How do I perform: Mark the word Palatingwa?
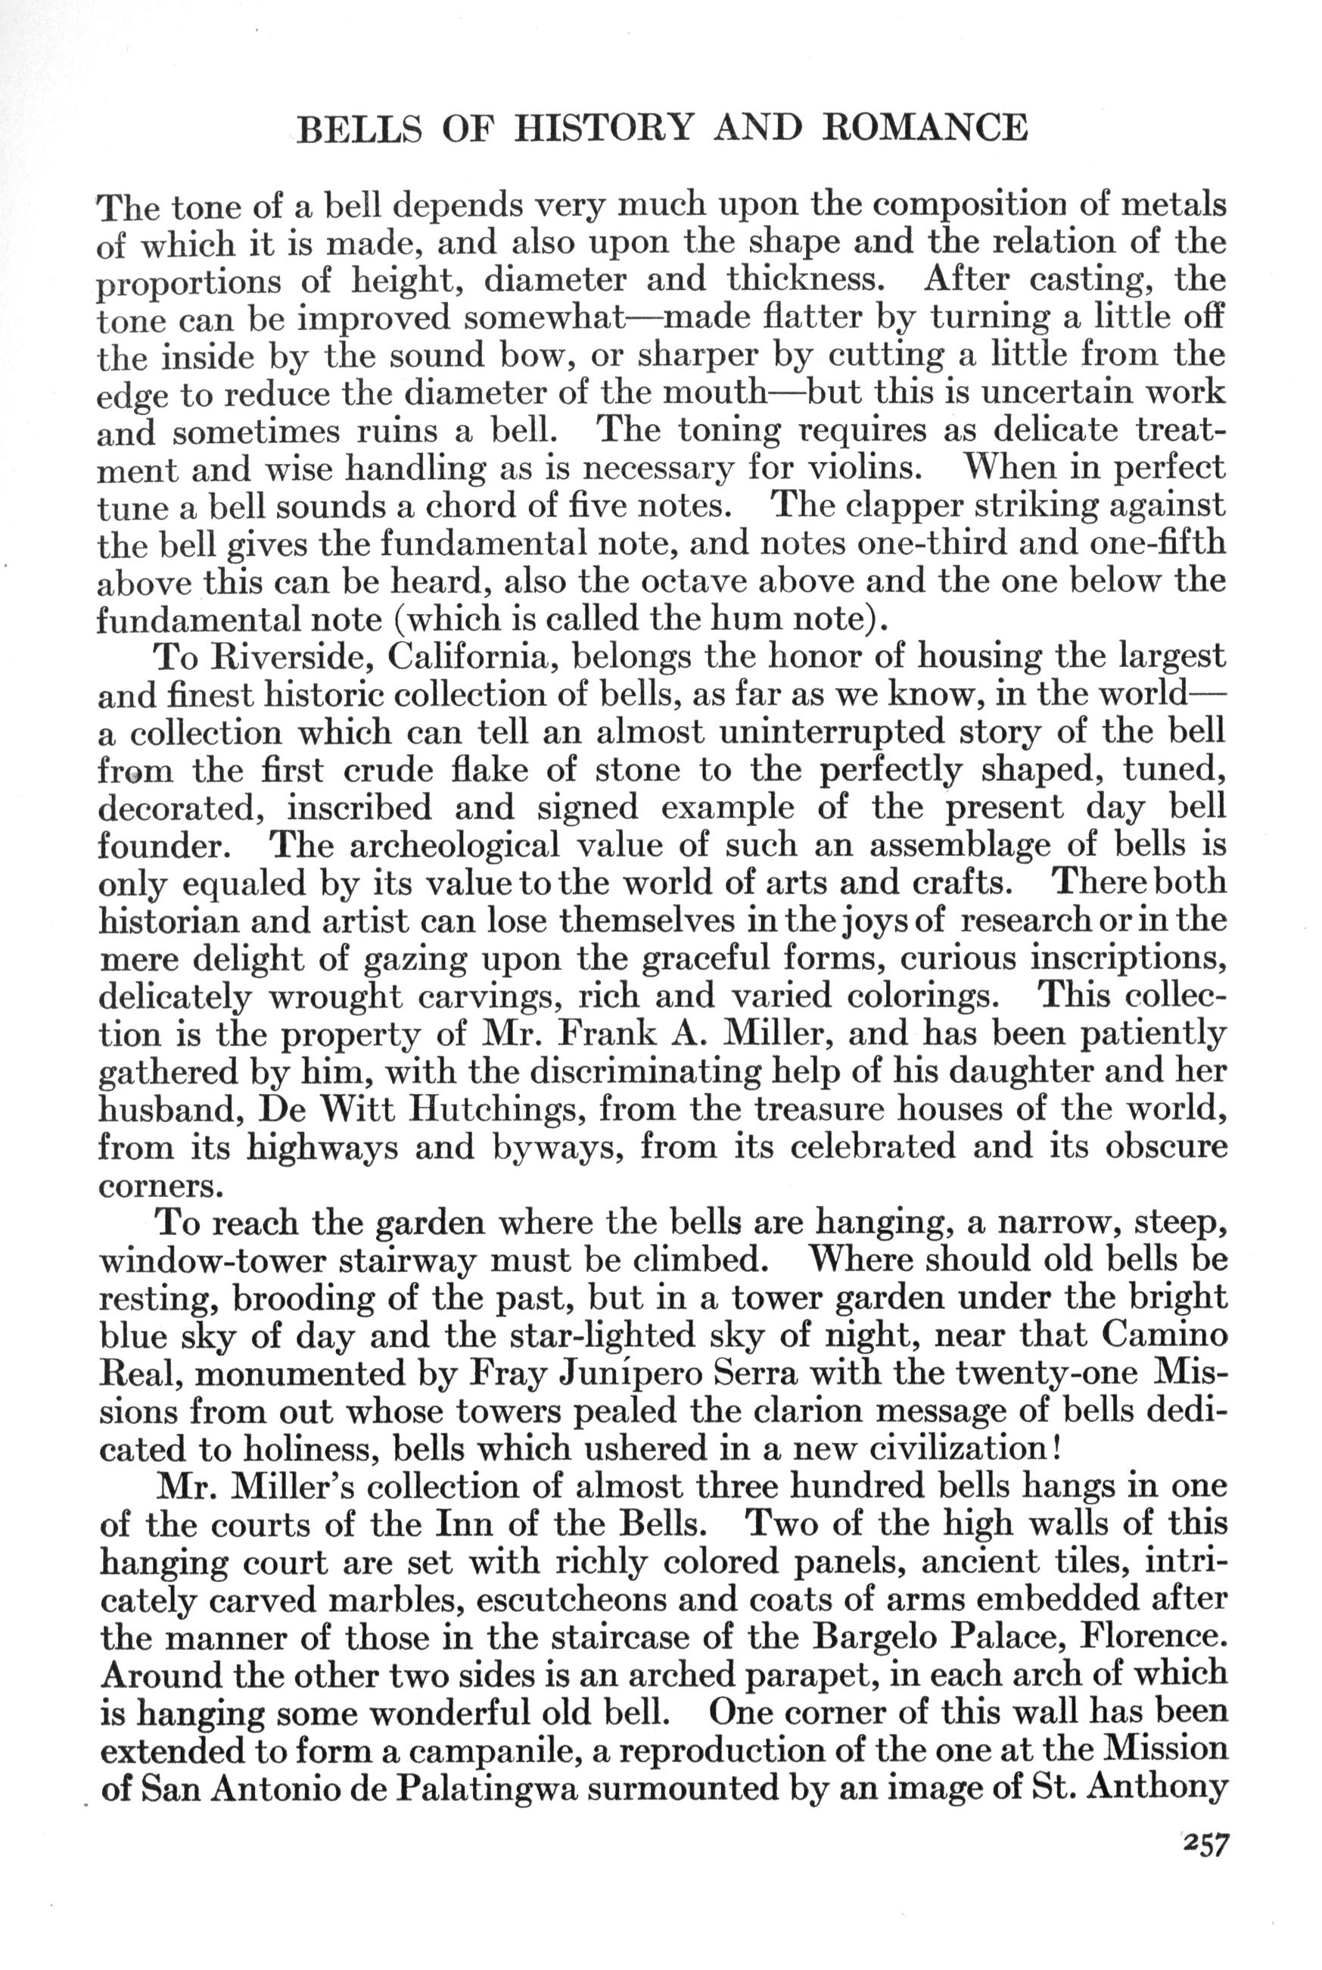(485, 1789)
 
